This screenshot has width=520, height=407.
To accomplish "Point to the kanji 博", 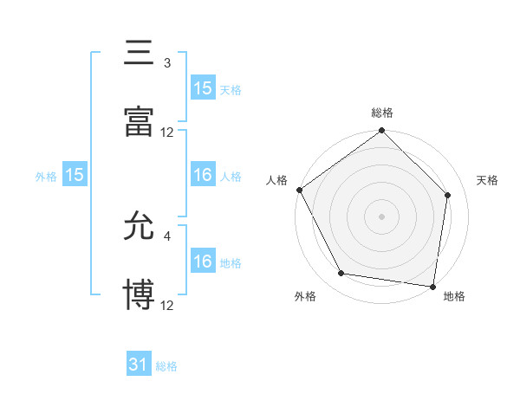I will [x=139, y=294].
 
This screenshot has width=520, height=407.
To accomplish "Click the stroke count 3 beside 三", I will [x=167, y=62].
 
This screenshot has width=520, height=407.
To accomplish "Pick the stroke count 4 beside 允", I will [x=167, y=235].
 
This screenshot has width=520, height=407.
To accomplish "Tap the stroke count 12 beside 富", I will [x=167, y=132].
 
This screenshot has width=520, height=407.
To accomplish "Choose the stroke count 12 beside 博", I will [x=167, y=305].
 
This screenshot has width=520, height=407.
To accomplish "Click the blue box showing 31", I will [x=139, y=365].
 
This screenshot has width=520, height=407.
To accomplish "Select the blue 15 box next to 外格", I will [x=75, y=175].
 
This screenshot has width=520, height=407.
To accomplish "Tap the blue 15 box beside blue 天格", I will [x=203, y=87].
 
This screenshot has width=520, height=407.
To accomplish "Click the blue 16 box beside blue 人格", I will [x=203, y=175].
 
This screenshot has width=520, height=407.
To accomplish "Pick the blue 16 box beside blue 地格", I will [x=203, y=262].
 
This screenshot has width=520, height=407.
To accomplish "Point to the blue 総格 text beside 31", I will [x=166, y=366].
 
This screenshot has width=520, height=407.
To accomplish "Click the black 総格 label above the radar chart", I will [x=382, y=113].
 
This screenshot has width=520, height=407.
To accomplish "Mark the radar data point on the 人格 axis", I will [x=299, y=190].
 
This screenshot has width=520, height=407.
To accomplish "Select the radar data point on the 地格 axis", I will [x=433, y=286].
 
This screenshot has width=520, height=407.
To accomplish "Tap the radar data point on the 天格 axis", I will [x=448, y=195].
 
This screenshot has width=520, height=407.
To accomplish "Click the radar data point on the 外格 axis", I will [x=341, y=274].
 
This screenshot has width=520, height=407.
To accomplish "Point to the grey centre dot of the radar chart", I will [x=382, y=216].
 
